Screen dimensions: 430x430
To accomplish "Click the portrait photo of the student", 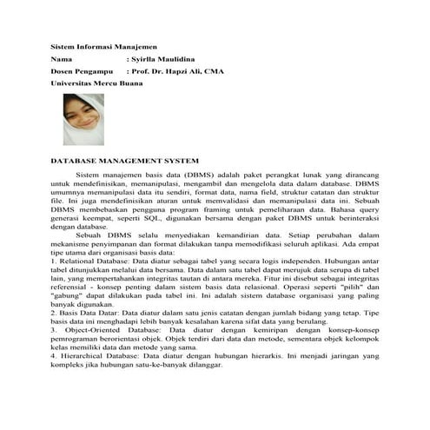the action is (84, 119).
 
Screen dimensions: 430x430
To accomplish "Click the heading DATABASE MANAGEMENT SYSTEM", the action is (126, 161).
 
